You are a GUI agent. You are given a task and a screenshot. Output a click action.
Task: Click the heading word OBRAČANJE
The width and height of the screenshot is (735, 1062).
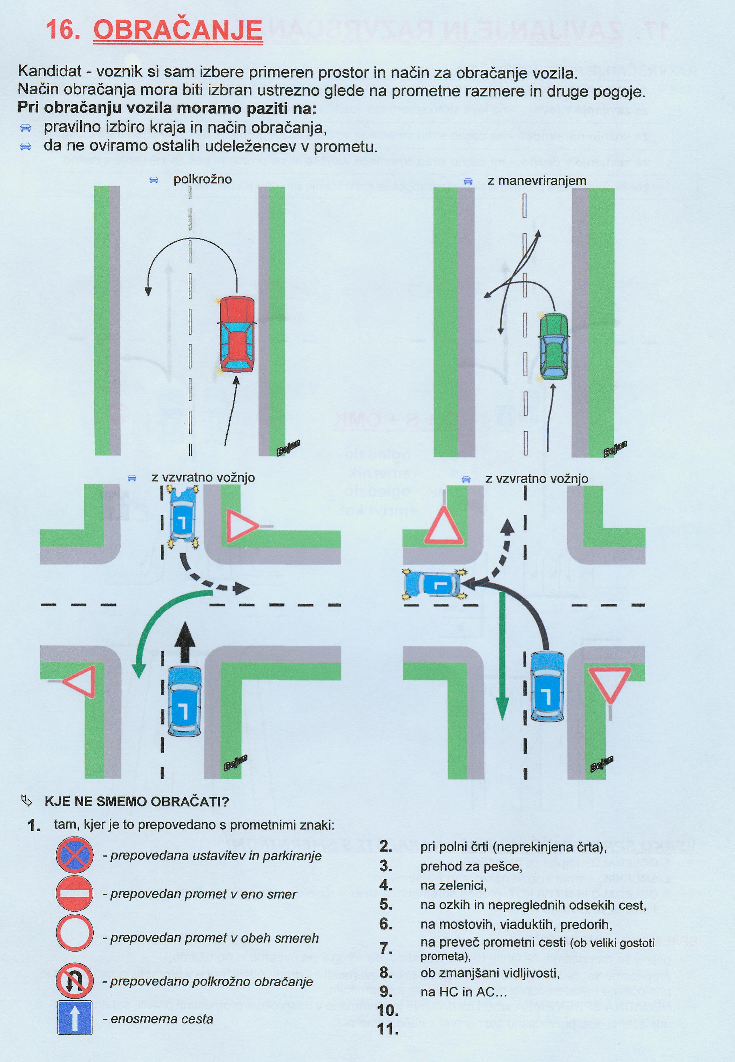[x=178, y=31]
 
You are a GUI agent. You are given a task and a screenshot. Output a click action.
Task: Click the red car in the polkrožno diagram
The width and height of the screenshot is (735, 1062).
[x=237, y=334]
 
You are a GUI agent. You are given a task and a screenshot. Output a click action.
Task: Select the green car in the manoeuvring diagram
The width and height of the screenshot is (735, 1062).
[x=554, y=345]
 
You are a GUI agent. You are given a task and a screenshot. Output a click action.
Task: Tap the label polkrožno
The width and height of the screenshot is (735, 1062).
[x=203, y=180]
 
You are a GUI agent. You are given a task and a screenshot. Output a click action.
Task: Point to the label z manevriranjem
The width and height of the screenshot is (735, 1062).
[x=537, y=181]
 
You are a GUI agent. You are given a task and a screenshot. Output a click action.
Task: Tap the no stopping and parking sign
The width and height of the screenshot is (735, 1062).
[x=75, y=856]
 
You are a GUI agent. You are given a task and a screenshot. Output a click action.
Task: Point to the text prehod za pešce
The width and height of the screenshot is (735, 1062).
[x=471, y=866]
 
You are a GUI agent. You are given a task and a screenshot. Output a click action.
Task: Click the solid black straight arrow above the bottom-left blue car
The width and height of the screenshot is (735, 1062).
[x=185, y=641]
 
